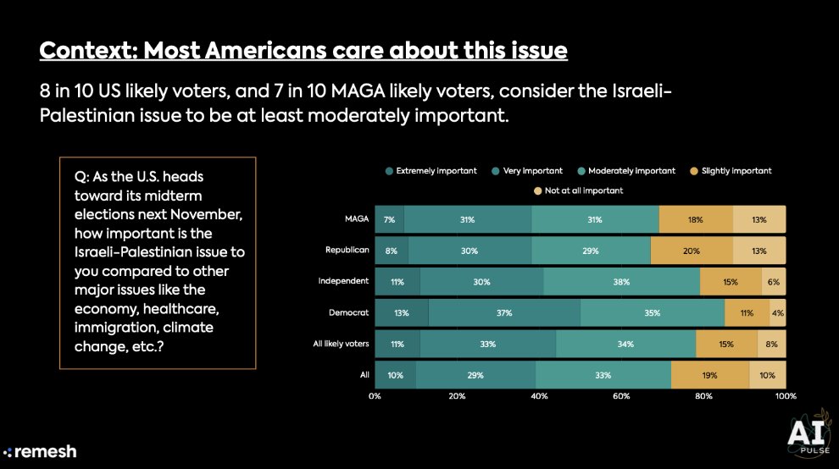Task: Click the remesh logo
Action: [40, 451]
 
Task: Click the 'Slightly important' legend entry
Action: [731, 170]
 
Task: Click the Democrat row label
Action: [349, 312]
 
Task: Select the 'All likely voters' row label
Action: [341, 344]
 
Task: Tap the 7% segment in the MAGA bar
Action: [389, 220]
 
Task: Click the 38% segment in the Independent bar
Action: [622, 281]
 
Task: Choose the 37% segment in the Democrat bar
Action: [504, 312]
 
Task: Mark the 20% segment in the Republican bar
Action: [692, 251]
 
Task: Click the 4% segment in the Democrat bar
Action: [777, 312]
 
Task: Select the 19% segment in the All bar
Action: [709, 374]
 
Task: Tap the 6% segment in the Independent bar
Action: [773, 281]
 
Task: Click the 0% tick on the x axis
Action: [375, 395]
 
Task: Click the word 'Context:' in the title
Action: [88, 51]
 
